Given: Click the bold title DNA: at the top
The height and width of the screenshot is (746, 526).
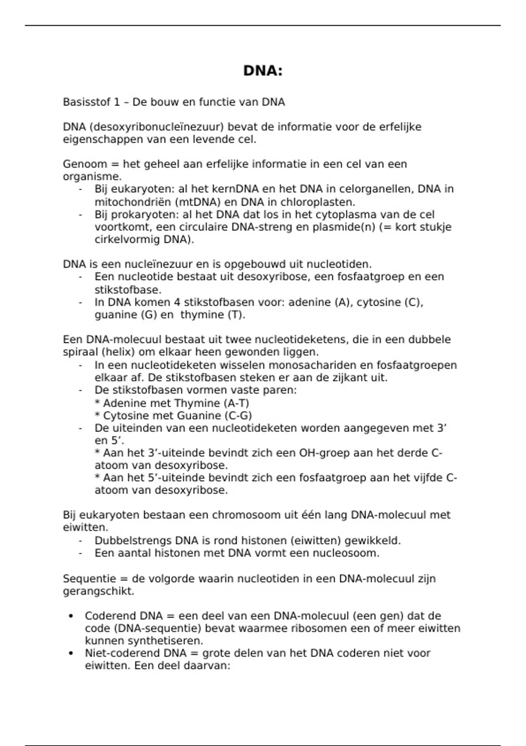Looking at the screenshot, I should (263, 71).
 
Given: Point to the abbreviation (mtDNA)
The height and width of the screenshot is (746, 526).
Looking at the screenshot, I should (199, 202).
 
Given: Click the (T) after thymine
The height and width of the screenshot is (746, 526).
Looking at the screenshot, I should (236, 315).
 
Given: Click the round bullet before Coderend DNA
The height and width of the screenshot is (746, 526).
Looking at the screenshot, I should (71, 617).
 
